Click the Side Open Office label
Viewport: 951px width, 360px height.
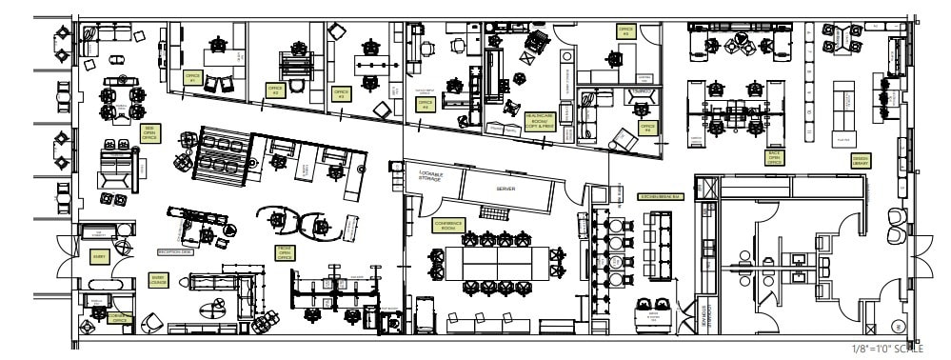click(149, 132)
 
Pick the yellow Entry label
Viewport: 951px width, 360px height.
click(98, 256)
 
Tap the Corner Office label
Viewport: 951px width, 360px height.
click(121, 319)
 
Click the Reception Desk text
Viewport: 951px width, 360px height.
click(175, 251)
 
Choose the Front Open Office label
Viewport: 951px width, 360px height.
click(284, 251)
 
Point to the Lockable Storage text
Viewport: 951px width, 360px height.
click(431, 176)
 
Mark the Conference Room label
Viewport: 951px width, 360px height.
click(447, 225)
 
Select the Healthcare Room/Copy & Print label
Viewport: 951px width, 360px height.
click(539, 120)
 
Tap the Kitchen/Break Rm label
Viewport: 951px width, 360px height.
click(656, 196)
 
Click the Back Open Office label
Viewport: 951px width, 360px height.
click(774, 157)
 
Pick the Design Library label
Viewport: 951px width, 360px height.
click(860, 161)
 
